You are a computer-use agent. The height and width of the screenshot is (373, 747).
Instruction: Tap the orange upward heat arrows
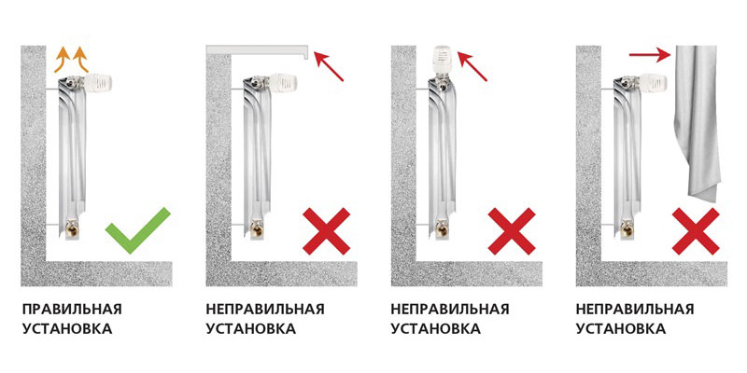click(71, 59)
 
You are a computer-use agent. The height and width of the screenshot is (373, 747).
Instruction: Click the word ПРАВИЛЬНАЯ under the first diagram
click(72, 309)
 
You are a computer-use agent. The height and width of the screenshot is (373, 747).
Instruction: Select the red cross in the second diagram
click(326, 230)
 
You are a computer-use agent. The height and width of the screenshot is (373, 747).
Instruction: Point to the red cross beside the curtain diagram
click(696, 230)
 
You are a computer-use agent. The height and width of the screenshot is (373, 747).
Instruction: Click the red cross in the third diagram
click(512, 230)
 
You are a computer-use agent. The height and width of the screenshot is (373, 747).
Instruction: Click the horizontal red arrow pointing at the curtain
click(650, 55)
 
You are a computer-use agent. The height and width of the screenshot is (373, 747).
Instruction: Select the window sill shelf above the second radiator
click(258, 50)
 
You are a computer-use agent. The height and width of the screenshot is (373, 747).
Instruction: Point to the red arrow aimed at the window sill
click(329, 66)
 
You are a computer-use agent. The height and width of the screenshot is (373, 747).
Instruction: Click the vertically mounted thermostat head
click(443, 60)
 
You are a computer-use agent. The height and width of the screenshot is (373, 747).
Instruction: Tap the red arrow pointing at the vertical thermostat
click(472, 66)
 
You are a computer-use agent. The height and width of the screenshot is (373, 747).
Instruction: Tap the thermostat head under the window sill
click(283, 83)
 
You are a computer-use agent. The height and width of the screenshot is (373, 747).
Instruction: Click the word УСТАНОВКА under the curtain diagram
click(621, 329)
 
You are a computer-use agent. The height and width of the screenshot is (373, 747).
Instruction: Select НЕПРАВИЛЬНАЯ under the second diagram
click(265, 309)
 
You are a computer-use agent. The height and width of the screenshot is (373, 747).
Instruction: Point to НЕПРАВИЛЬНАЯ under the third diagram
click(450, 309)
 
